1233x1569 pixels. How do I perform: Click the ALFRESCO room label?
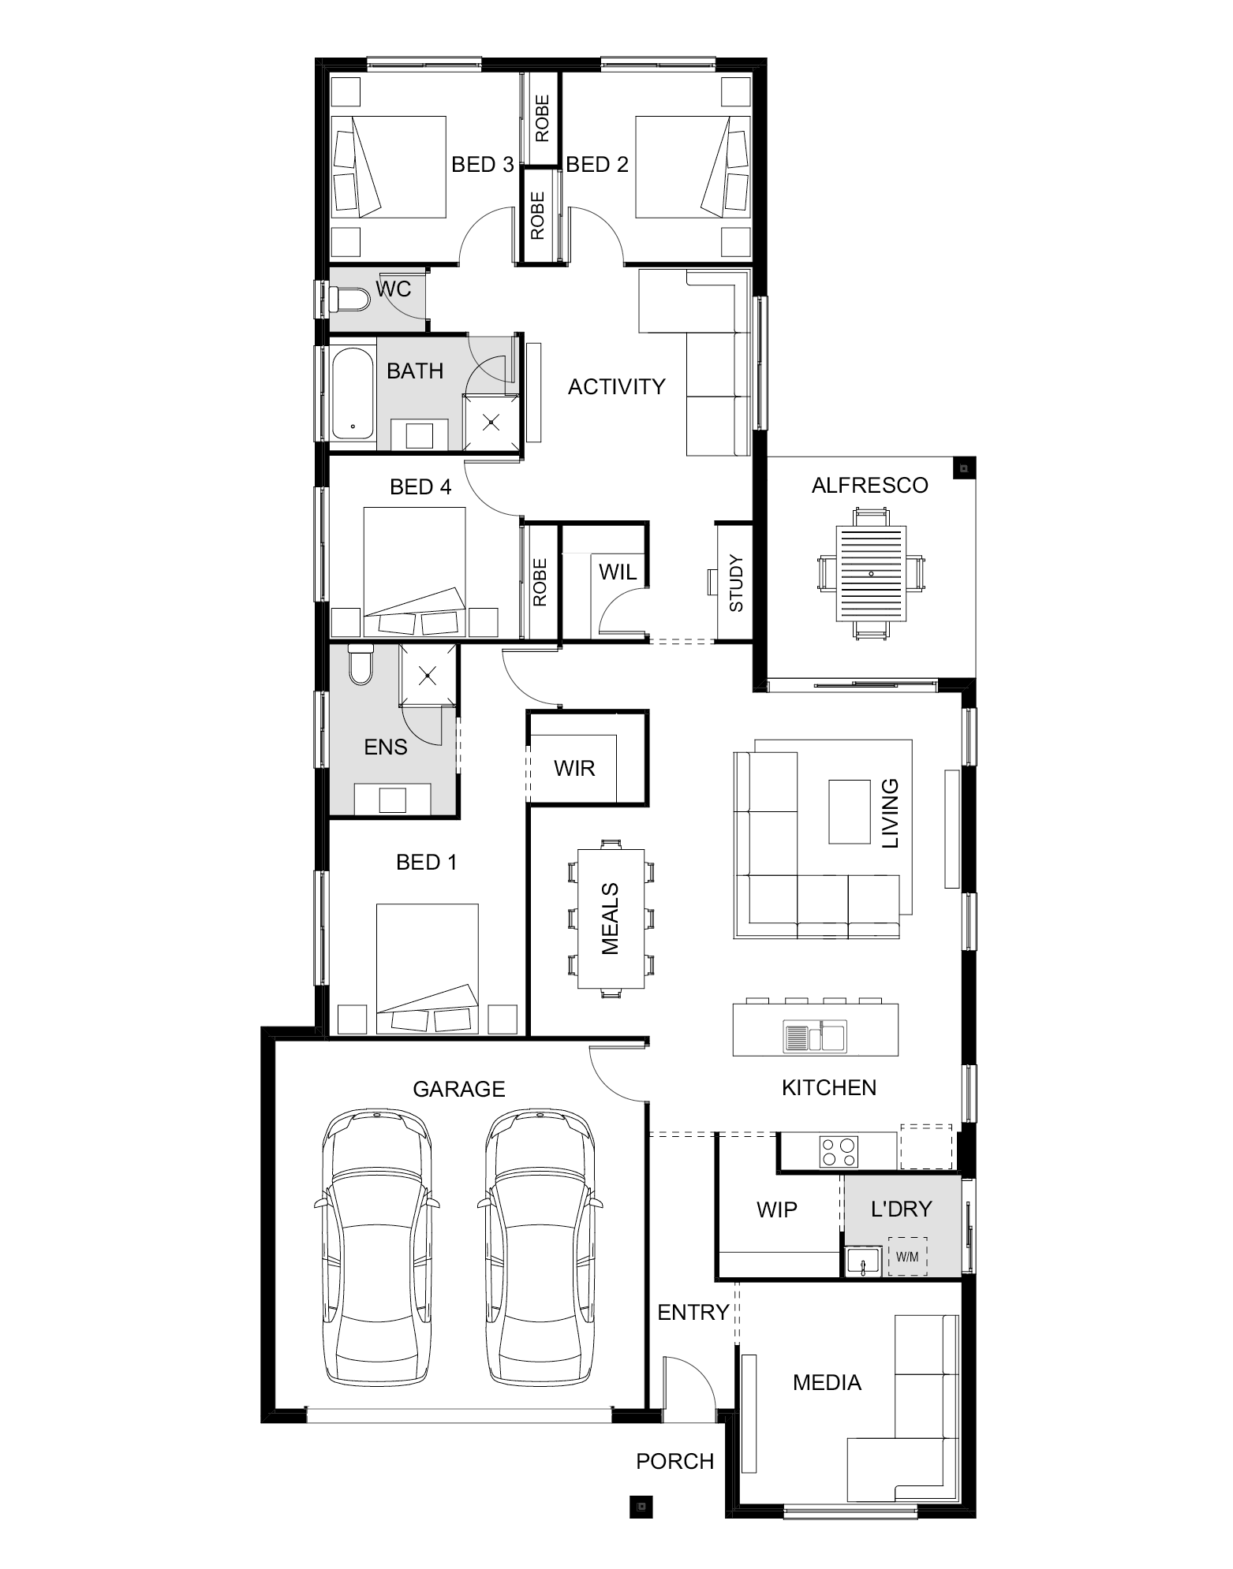click(x=869, y=485)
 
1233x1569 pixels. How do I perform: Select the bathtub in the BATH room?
click(x=353, y=393)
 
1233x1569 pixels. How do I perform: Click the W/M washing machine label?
click(x=907, y=1257)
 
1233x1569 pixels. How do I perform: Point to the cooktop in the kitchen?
click(x=838, y=1151)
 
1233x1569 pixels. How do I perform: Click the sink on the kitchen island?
click(x=814, y=1036)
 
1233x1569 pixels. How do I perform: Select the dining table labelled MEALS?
click(x=611, y=919)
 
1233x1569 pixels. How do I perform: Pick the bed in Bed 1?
click(x=428, y=968)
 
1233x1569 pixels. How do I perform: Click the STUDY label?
click(x=735, y=583)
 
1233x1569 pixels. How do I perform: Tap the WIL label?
click(x=618, y=572)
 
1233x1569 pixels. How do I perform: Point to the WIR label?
click(x=574, y=768)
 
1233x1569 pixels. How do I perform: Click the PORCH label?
click(x=675, y=1461)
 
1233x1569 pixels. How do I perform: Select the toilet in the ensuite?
click(x=361, y=665)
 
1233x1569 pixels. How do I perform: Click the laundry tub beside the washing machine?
click(x=864, y=1262)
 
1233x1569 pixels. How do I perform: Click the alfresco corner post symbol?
click(x=963, y=468)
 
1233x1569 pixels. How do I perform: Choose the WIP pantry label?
click(x=776, y=1209)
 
